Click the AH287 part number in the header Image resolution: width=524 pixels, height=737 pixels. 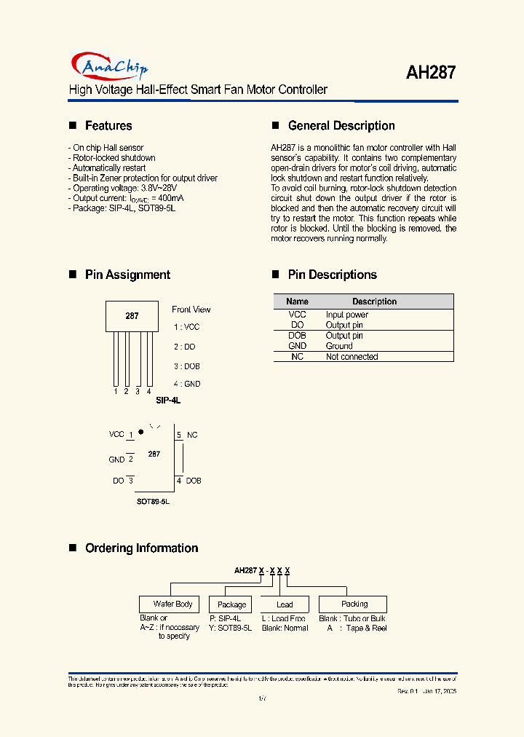coord(431,72)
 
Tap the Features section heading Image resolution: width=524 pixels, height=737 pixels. coord(108,126)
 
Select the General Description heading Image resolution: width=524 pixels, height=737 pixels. coord(341,126)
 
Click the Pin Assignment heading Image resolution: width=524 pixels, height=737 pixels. coord(127,275)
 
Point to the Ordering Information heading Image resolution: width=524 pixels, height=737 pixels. coord(141,548)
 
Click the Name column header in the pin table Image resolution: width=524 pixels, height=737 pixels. coord(297,301)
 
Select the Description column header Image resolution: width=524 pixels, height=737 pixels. coord(374,301)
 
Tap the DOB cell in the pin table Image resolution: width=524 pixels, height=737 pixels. coord(297,336)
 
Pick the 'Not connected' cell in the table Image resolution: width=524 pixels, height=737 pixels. coord(352,357)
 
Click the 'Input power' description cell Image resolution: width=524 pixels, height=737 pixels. coord(346,315)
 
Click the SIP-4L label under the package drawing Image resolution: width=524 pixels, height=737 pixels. coord(167,401)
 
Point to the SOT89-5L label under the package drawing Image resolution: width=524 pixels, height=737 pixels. coord(153,502)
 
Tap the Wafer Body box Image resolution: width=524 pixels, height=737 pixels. coord(172,604)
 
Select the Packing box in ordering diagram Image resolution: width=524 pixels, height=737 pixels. coord(354,604)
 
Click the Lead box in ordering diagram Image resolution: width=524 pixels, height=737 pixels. coord(285,604)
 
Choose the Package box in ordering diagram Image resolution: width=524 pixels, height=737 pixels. coord(231,604)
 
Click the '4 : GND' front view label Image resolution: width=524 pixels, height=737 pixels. coord(186,384)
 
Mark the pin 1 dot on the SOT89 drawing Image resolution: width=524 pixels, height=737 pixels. coord(140,432)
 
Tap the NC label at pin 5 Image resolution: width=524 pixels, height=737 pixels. coord(192,435)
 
